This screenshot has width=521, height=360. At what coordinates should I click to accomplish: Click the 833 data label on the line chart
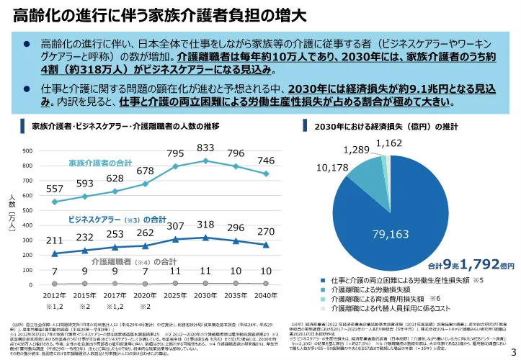pyautogui.click(x=206, y=148)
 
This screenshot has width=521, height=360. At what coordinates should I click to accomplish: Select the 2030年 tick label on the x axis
pyautogui.click(x=206, y=296)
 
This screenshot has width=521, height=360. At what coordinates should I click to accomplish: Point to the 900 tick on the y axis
pyautogui.click(x=26, y=151)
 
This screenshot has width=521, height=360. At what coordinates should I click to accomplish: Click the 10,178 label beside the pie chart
pyautogui.click(x=332, y=168)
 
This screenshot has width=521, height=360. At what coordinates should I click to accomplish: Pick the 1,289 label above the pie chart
pyautogui.click(x=356, y=150)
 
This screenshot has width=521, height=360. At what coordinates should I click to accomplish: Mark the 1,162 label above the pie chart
pyautogui.click(x=388, y=144)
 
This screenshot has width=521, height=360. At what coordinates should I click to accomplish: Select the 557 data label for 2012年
pyautogui.click(x=55, y=189)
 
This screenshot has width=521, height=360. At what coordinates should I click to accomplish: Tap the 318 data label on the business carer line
pyautogui.click(x=206, y=225)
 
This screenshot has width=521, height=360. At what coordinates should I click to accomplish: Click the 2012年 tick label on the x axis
pyautogui.click(x=55, y=296)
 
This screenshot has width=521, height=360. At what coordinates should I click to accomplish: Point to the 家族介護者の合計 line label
pyautogui.click(x=100, y=163)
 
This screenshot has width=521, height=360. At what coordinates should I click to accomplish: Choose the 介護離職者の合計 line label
pyautogui.click(x=125, y=261)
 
